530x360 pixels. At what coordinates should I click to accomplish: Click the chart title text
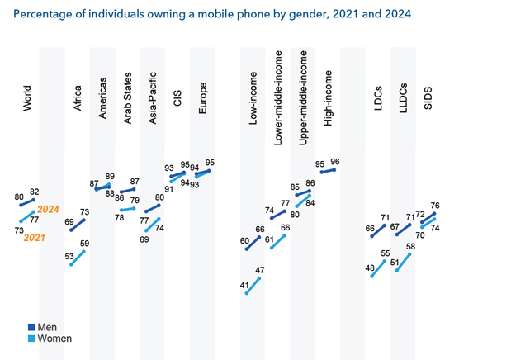pyautogui.click(x=212, y=15)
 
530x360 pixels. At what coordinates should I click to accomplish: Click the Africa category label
pyautogui.click(x=79, y=107)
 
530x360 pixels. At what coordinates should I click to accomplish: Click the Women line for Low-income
pyautogui.click(x=254, y=286)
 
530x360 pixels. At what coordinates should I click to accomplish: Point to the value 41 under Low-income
pyautogui.click(x=245, y=285)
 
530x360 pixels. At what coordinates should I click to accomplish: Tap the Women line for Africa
pyautogui.click(x=78, y=258)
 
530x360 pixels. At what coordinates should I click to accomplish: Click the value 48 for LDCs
pyautogui.click(x=370, y=268)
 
